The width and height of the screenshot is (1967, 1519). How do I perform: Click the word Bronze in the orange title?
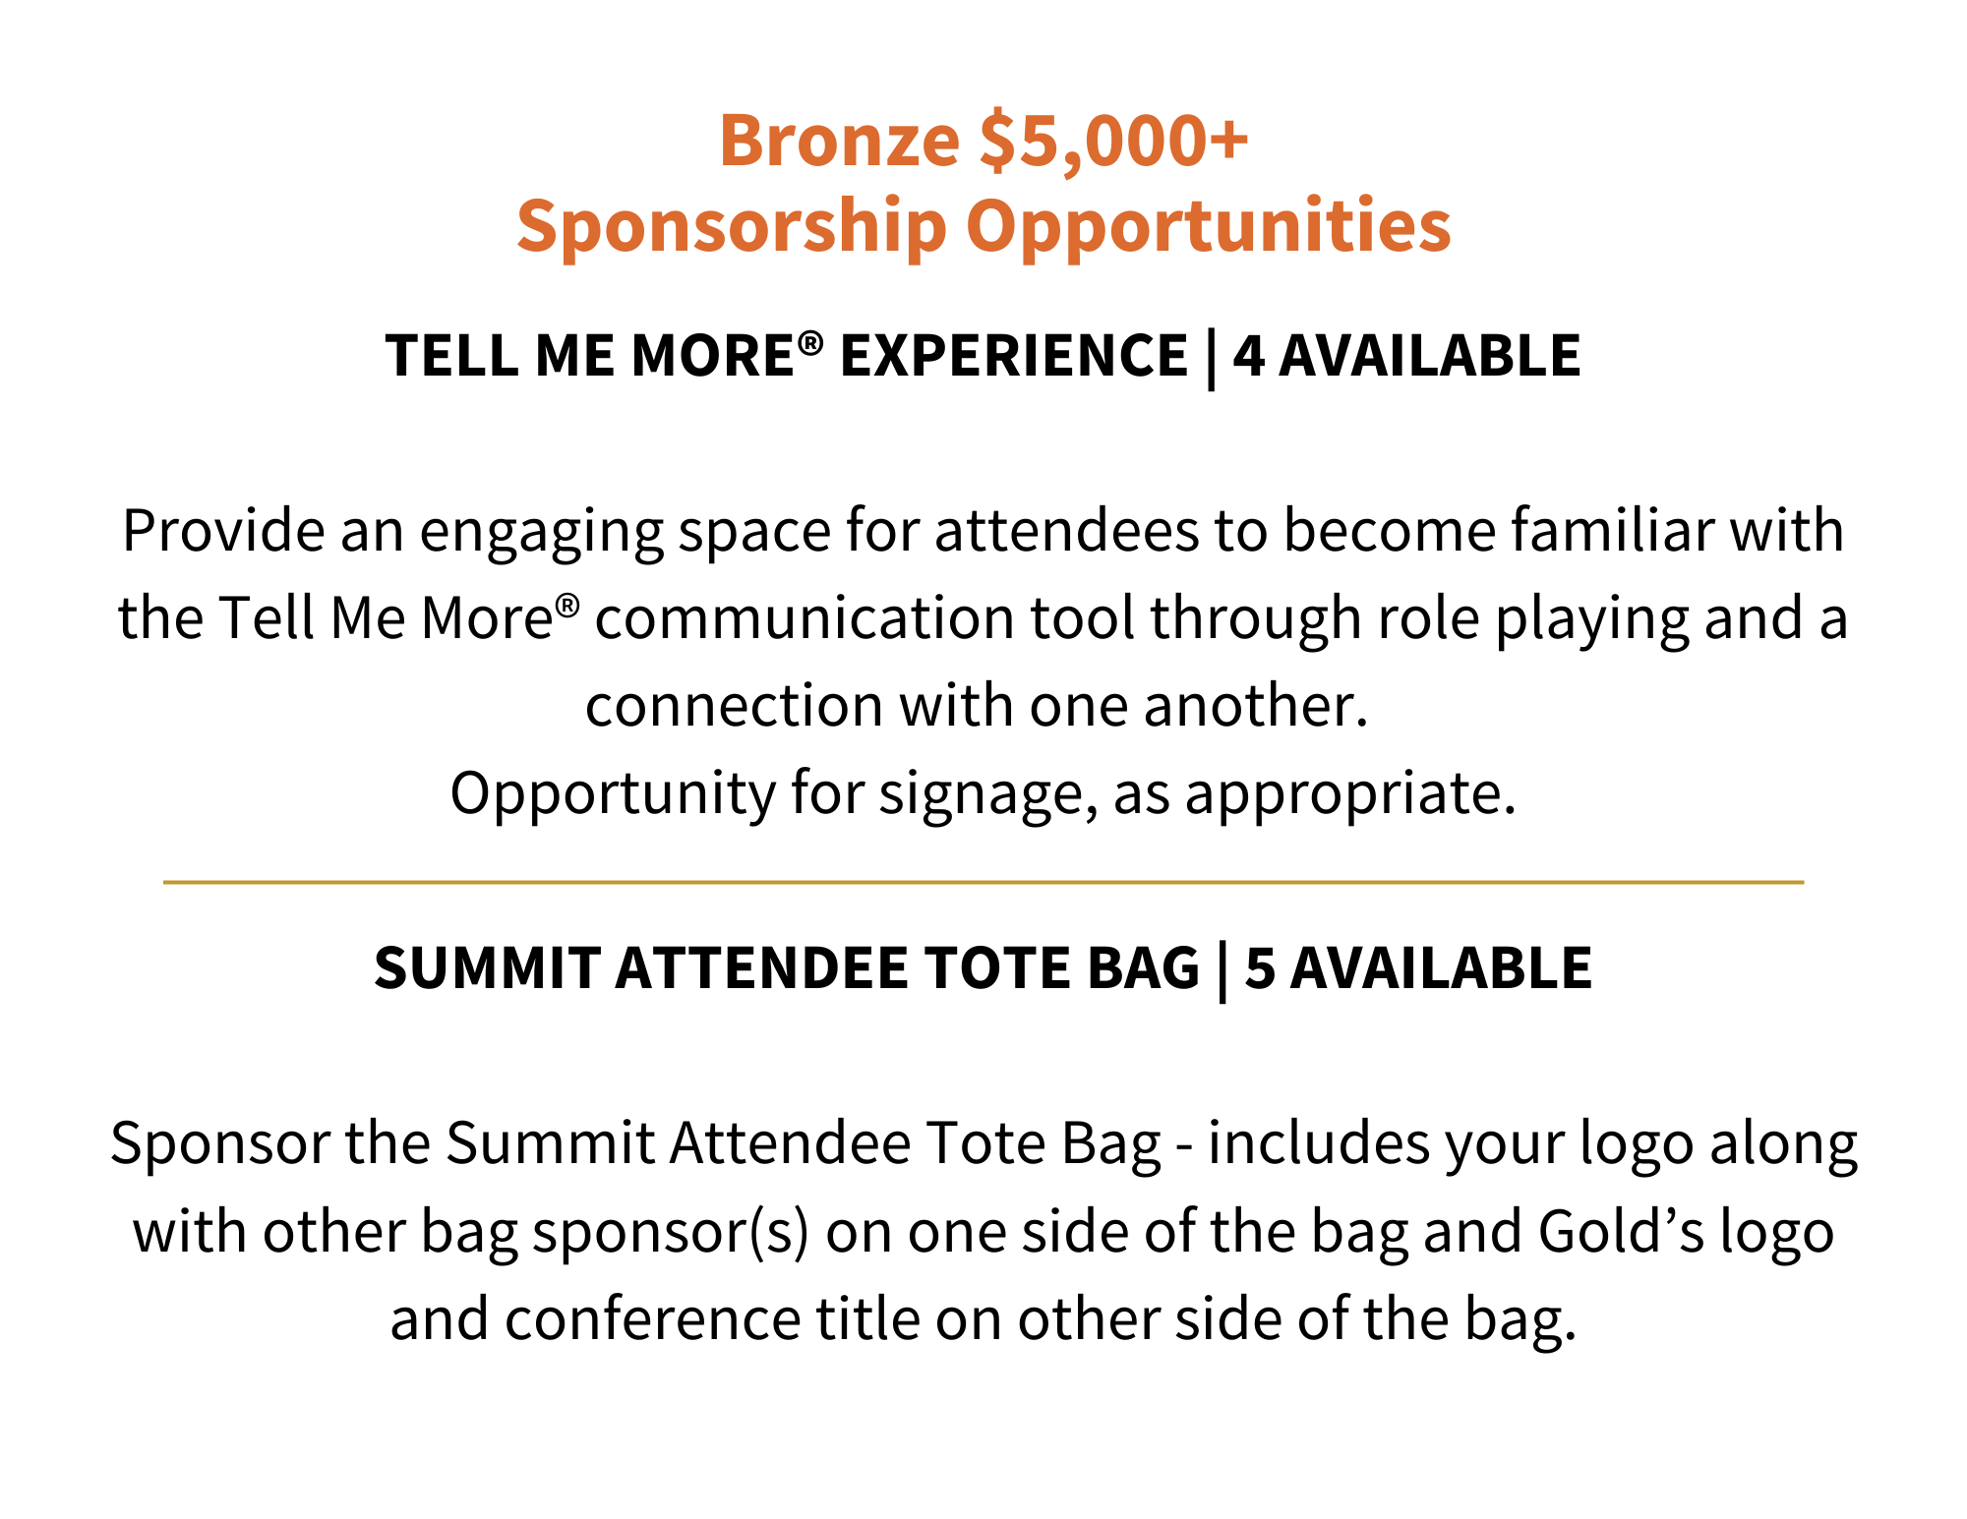(839, 140)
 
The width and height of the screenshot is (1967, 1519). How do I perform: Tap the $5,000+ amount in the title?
(1114, 140)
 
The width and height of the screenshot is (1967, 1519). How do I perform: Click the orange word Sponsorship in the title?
(732, 226)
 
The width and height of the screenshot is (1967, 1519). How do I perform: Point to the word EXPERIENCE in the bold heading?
(1014, 355)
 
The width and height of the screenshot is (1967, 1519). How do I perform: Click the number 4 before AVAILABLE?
(1249, 355)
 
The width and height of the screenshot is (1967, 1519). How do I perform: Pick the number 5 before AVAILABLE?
(1260, 967)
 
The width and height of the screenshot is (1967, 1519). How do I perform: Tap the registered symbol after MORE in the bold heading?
(810, 343)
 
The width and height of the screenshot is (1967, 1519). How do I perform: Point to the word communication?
(805, 618)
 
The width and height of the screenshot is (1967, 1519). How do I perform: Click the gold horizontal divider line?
(983, 882)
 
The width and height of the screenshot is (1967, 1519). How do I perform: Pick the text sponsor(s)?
(671, 1233)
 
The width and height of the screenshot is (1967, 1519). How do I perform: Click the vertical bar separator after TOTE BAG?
(1222, 971)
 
